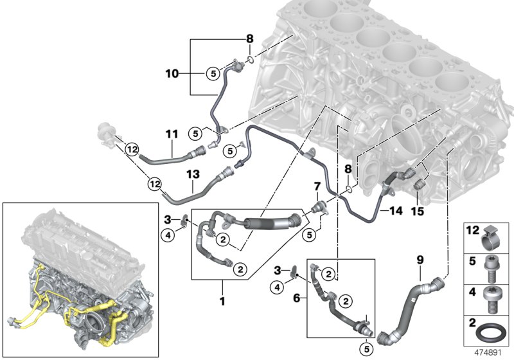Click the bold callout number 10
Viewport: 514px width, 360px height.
click(172, 73)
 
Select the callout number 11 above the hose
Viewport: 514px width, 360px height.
click(172, 134)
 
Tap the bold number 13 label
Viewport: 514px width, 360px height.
click(193, 174)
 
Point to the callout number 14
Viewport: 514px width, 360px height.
click(396, 210)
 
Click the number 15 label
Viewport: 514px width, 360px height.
click(418, 211)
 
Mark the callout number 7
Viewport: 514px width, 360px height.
click(317, 186)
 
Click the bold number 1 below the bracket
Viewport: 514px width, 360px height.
click(222, 301)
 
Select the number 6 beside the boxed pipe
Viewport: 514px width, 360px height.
click(297, 298)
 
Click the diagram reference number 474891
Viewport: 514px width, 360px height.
click(488, 353)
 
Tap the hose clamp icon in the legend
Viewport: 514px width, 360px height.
click(491, 238)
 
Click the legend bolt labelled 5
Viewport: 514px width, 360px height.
click(491, 269)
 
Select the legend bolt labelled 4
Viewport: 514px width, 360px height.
click(491, 300)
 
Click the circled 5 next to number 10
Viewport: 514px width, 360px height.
click(213, 73)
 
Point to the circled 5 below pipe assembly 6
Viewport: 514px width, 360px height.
click(367, 349)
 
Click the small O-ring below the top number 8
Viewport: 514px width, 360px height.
click(250, 60)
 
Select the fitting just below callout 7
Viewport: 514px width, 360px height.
click(317, 208)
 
